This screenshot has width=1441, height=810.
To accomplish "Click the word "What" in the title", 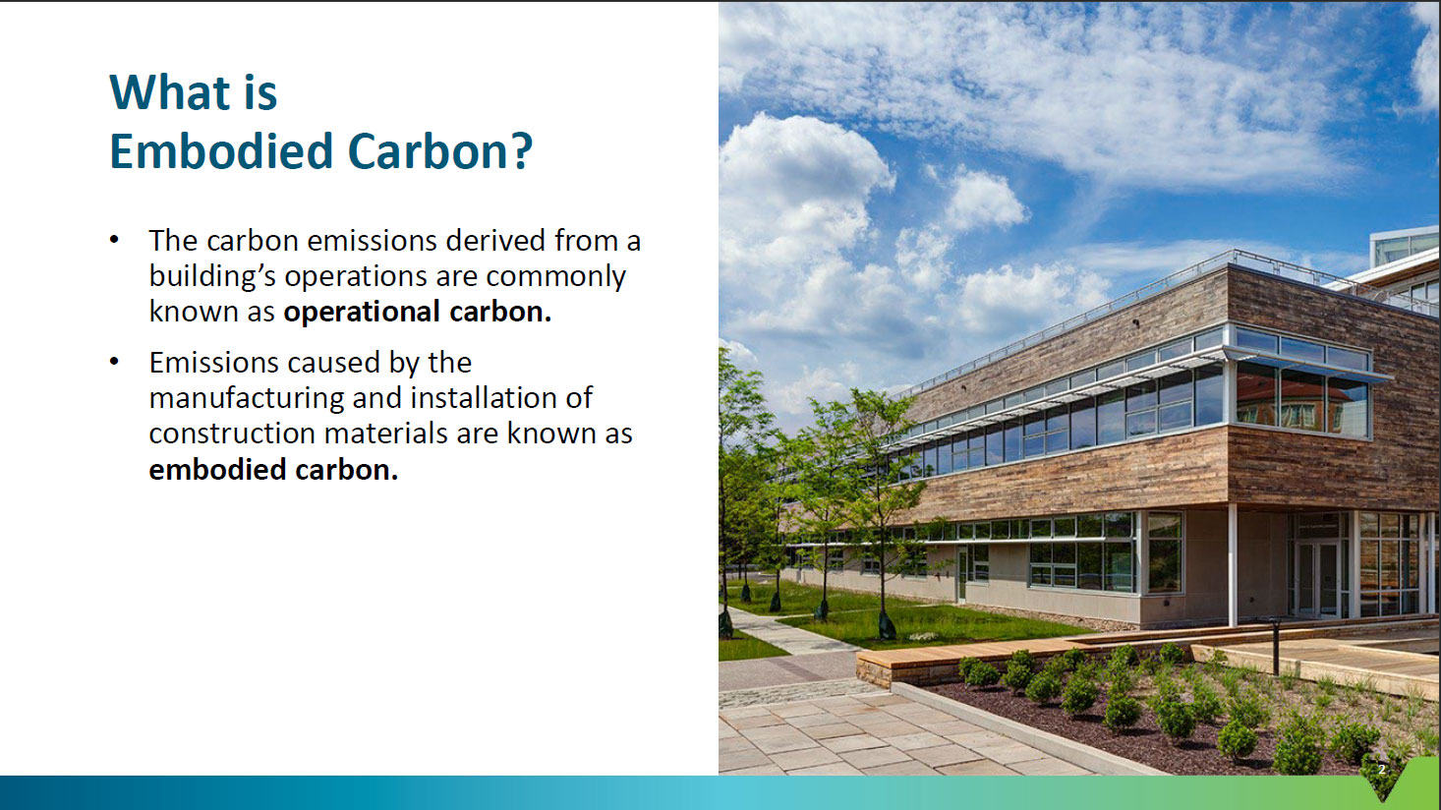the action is (170, 92).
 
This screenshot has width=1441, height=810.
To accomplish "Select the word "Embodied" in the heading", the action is (220, 151).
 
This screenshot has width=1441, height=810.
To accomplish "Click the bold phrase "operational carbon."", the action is (418, 312).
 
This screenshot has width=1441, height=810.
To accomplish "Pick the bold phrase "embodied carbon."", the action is (273, 469).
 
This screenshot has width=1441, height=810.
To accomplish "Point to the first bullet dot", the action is (114, 240).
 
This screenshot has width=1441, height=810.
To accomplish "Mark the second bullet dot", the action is (114, 362).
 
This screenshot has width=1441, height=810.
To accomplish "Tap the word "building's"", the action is (213, 277).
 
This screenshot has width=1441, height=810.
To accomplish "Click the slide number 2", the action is (1381, 770).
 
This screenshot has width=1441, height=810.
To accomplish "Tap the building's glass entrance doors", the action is (1317, 578).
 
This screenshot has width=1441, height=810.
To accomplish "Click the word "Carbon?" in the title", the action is (440, 151).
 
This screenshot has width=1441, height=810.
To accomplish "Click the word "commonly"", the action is (555, 277).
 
